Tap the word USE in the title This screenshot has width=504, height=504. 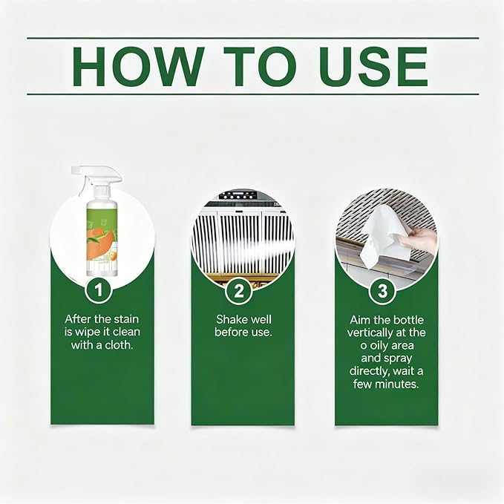(373, 66)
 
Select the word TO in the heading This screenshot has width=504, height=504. (259, 66)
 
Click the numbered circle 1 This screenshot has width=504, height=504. (99, 290)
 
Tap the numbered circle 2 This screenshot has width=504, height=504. (239, 291)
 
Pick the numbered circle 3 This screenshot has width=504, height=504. (382, 290)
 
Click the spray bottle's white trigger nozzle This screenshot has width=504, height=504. (96, 177)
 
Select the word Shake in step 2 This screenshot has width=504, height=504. (230, 319)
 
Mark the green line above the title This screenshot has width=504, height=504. (253, 38)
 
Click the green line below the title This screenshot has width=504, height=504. (253, 94)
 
